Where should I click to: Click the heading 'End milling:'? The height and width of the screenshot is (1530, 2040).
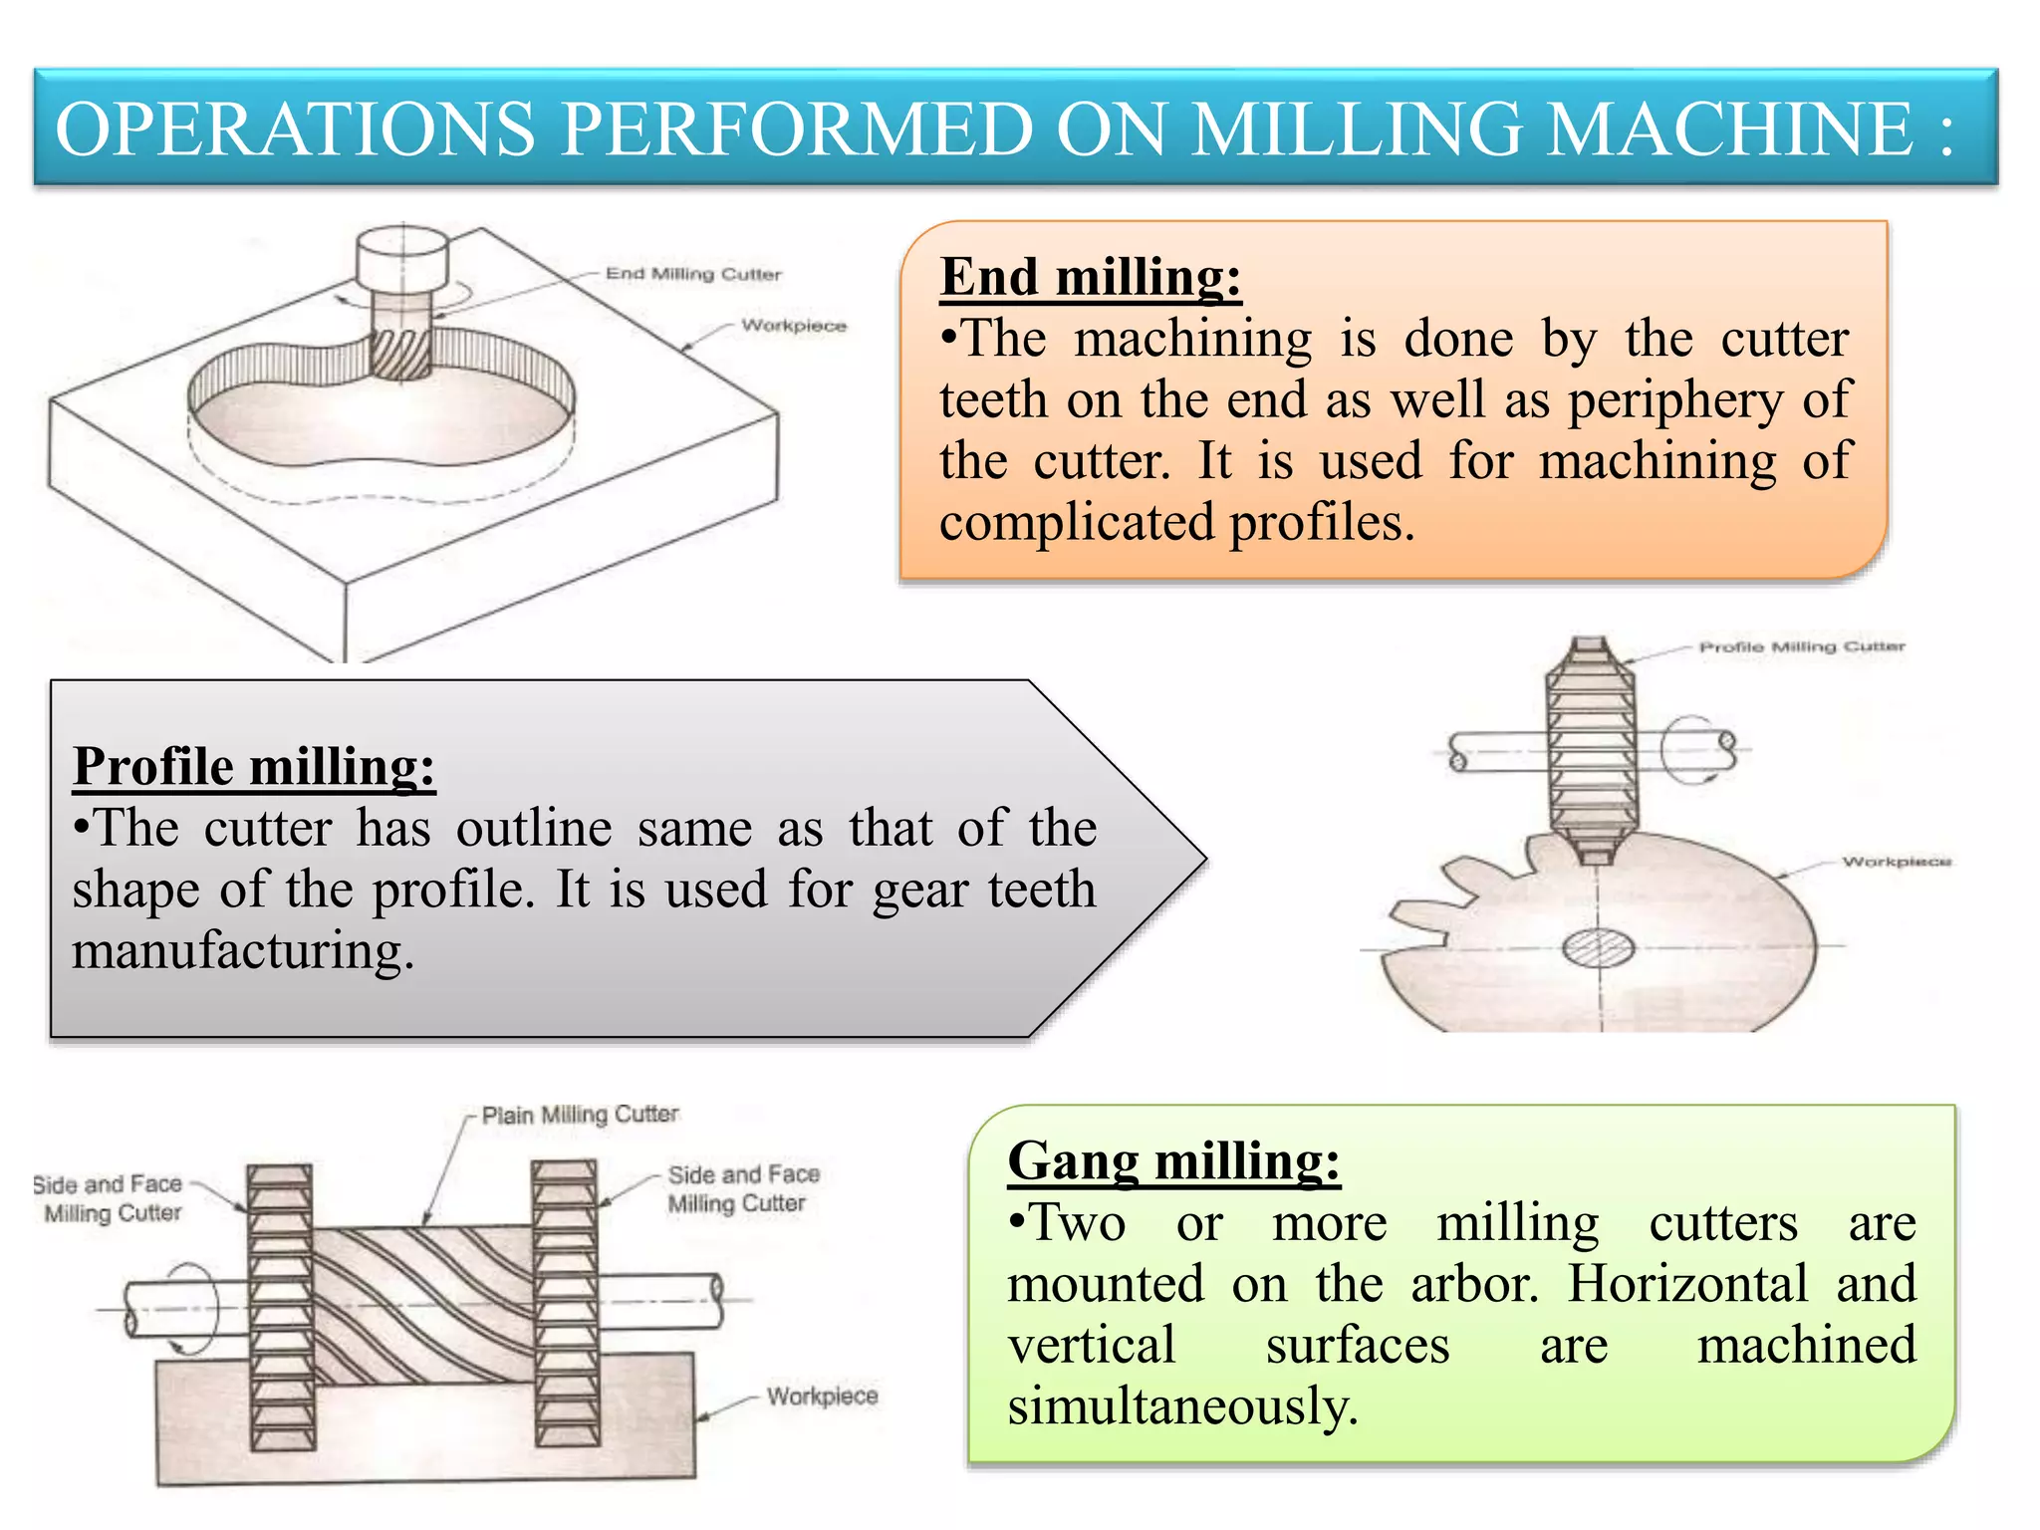[x=1090, y=277]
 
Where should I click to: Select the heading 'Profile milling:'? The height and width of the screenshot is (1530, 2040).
[x=254, y=767]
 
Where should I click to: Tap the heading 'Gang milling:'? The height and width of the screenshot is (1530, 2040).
[x=1173, y=1161]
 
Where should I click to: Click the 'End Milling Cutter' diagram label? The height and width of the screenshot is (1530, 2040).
[x=693, y=274]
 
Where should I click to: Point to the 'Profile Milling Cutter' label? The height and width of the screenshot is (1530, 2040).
[x=1801, y=647]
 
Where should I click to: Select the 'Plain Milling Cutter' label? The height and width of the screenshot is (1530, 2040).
[x=580, y=1115]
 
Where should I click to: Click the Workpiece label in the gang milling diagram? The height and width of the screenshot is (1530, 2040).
[x=822, y=1397]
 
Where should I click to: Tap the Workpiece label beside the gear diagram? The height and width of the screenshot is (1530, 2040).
[x=1896, y=862]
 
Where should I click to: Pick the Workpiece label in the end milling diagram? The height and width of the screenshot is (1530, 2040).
[x=794, y=326]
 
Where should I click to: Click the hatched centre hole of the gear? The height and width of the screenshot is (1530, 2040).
[x=1598, y=947]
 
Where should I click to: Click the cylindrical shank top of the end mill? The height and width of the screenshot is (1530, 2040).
[x=402, y=257]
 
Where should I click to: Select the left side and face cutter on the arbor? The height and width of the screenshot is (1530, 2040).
[x=280, y=1305]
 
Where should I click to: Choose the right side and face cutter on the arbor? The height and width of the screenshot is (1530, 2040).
[x=566, y=1305]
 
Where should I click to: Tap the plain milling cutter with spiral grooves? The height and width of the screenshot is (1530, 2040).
[x=423, y=1305]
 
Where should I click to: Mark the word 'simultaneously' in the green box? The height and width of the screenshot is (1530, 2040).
[x=1181, y=1406]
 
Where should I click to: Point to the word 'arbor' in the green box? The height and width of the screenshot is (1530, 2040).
[x=1474, y=1284]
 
